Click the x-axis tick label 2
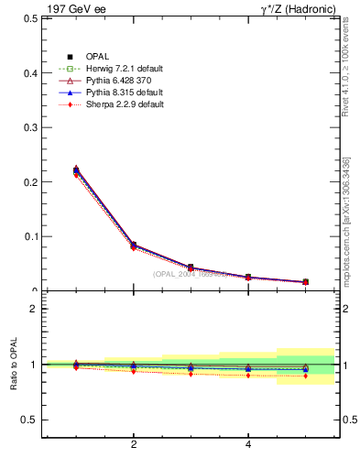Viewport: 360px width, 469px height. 134,446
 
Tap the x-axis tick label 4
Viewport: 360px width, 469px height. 248,446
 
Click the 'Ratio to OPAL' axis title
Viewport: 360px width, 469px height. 15,365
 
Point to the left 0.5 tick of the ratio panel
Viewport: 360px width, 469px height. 29,420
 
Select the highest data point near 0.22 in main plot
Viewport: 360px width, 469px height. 76,169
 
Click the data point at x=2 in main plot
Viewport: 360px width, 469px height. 134,245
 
